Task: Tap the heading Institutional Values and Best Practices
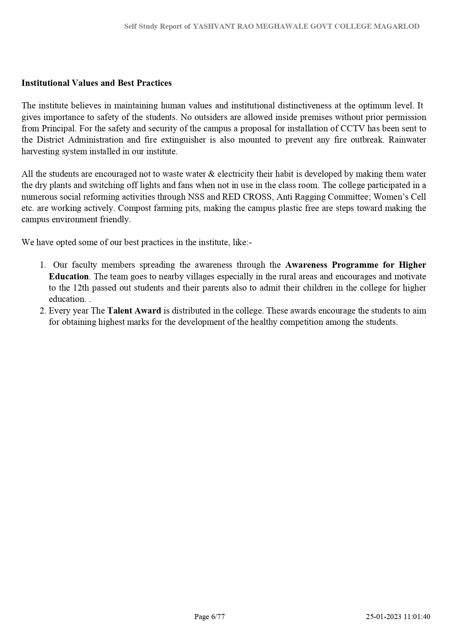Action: coord(97,83)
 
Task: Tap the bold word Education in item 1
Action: coord(68,276)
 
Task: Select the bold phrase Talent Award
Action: coord(134,311)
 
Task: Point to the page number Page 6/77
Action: coord(209,617)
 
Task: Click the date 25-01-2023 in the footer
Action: coord(384,617)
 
